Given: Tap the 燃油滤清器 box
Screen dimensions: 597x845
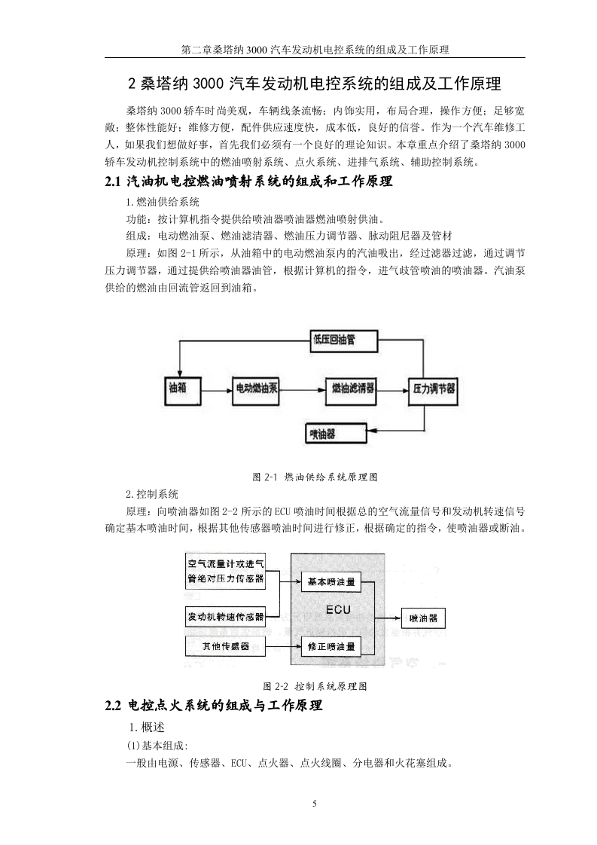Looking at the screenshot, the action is coord(351,389).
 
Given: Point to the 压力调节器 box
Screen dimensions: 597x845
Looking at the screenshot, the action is coord(433,389).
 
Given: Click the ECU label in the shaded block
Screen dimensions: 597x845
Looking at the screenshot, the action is coord(338,610).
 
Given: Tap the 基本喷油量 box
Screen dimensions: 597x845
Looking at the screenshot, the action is coord(330,582).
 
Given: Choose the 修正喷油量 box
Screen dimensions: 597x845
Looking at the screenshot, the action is coord(330,646).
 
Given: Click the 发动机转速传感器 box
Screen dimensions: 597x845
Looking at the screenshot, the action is coord(225,617).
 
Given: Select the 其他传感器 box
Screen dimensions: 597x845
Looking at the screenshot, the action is coord(225,646).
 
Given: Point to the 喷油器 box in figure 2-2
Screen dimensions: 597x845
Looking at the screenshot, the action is coord(424,618).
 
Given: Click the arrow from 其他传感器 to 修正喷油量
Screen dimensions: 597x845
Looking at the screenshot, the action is coord(283,646).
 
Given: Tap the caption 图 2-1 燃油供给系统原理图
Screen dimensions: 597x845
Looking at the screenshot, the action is coord(315,477).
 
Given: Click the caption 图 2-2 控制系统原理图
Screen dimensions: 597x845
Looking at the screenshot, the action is coord(315,687).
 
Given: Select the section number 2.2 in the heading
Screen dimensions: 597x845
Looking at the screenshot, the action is coord(113,706).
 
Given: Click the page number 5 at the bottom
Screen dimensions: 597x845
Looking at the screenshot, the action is coord(315,804).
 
